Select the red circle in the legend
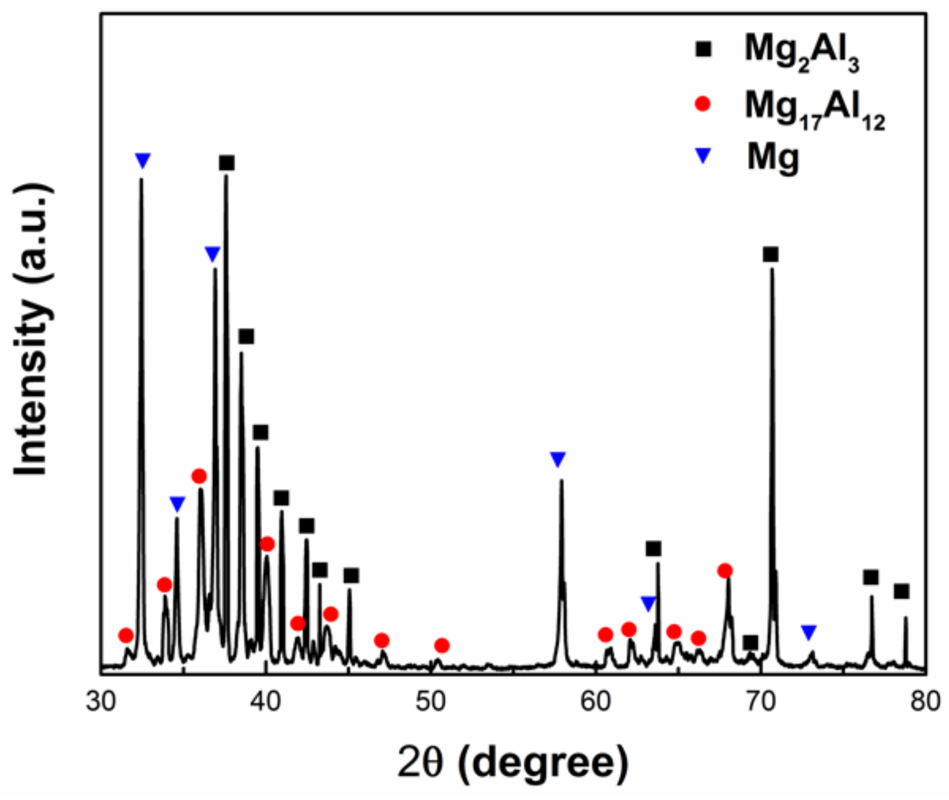703,103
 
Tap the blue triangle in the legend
703,156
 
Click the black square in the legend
703,50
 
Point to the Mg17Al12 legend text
814,109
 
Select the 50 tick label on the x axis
430,702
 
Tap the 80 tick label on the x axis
925,702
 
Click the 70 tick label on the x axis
760,702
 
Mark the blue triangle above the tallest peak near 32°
142,160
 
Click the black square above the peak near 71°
770,254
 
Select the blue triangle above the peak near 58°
558,459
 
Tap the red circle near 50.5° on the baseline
441,645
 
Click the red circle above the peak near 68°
725,571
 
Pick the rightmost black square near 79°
902,591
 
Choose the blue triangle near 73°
809,633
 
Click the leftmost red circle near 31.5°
126,635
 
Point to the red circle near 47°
382,640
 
